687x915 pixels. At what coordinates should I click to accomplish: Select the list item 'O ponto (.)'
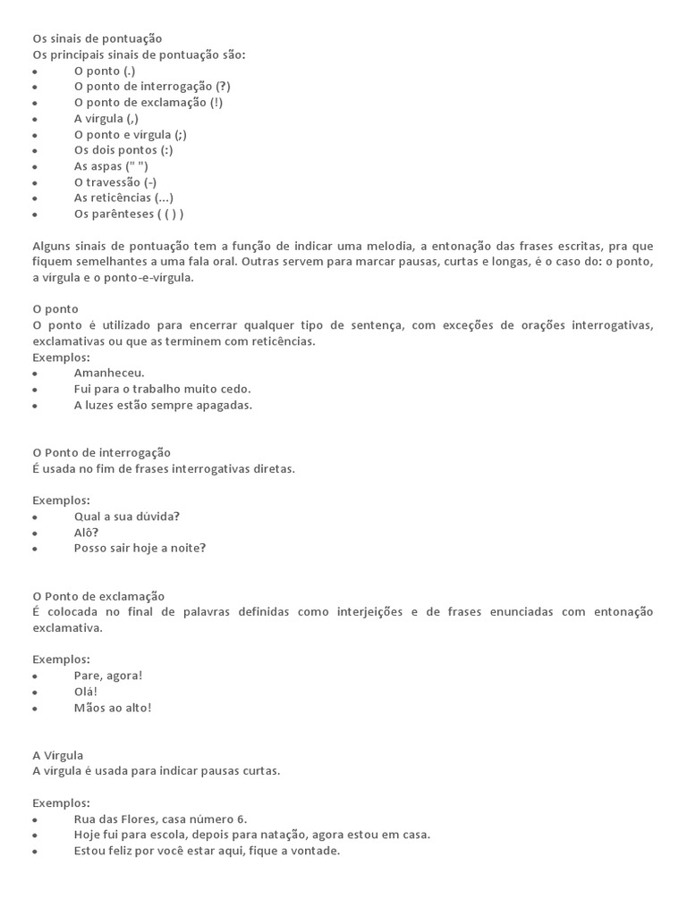105,71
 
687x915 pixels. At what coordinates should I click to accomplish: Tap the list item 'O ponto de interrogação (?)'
152,87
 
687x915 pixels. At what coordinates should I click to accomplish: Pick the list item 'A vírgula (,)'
106,119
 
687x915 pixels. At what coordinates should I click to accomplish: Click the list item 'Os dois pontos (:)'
123,150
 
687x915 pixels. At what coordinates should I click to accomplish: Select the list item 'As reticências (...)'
123,198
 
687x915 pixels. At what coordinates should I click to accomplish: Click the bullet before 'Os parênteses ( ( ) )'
35,214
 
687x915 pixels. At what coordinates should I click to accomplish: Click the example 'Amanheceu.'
109,373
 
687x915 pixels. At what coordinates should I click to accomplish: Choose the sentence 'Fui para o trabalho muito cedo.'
162,389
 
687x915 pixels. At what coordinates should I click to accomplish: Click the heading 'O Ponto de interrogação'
101,453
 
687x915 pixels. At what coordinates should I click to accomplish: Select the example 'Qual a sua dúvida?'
127,516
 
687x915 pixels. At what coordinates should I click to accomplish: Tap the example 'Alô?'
86,533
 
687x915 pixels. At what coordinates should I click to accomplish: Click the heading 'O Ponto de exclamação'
98,596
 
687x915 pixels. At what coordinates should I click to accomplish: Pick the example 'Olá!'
86,692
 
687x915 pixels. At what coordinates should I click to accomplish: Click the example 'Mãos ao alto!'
113,708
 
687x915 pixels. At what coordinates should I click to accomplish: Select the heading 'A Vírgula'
57,755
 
